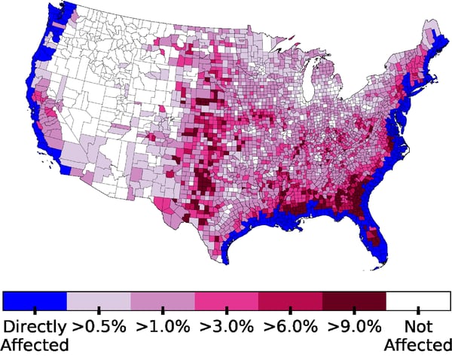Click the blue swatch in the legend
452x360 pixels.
[x=35, y=301]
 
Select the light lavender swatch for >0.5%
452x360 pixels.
[x=99, y=301]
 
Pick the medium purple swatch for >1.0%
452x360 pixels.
[x=163, y=301]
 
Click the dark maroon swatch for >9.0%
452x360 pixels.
[x=354, y=301]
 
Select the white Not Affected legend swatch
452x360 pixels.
[x=418, y=301]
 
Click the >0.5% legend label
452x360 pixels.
[x=99, y=327]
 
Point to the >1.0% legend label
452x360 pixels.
[x=163, y=327]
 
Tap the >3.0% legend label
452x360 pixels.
[x=226, y=327]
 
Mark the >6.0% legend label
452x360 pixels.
[x=290, y=327]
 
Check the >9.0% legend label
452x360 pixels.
[x=354, y=327]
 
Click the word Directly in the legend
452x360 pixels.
[x=35, y=327]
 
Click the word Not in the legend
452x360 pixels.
[x=418, y=327]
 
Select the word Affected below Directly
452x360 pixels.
[x=35, y=345]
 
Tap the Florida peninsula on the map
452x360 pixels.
[x=377, y=241]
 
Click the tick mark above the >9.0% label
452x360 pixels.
[x=354, y=310]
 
